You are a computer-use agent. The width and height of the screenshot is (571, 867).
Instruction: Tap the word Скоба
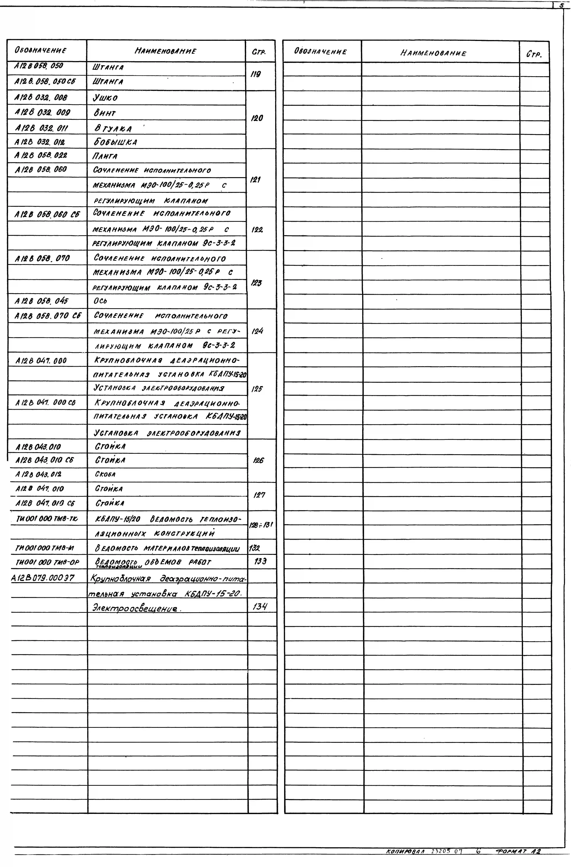click(105, 474)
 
